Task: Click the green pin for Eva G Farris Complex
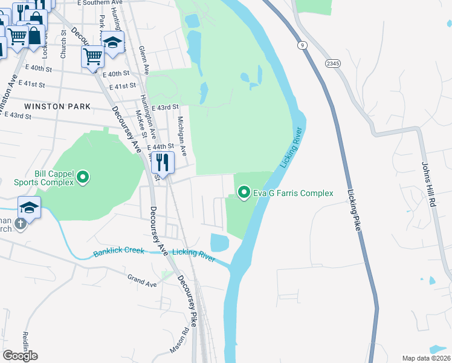(244, 193)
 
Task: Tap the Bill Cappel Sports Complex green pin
(83, 178)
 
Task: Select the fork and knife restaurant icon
(162, 162)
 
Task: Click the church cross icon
(20, 224)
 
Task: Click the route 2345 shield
(332, 63)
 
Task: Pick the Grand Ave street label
(142, 281)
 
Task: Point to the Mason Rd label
(179, 341)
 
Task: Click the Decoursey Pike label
(187, 301)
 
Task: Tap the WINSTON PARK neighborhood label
(57, 106)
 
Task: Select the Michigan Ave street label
(179, 132)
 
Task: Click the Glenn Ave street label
(143, 58)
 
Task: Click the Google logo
(20, 356)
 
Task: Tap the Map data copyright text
(426, 358)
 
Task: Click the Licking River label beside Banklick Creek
(193, 255)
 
